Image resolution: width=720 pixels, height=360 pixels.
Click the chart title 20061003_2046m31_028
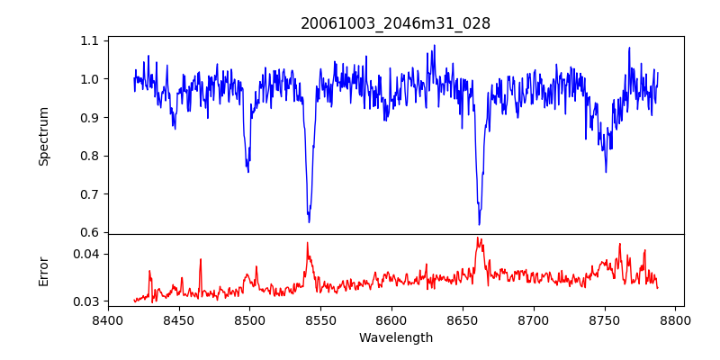(x=395, y=23)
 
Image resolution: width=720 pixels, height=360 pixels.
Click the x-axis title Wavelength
(x=395, y=337)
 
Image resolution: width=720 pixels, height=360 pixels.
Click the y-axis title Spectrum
(x=44, y=136)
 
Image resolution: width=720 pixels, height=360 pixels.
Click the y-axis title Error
(x=44, y=270)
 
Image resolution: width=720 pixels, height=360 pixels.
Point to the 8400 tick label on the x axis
(x=108, y=319)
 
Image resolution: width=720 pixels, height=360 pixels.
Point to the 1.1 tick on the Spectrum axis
(x=90, y=40)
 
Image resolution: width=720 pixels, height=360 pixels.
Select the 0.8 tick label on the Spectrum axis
(x=90, y=156)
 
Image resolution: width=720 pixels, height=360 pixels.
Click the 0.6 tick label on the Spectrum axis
(x=90, y=232)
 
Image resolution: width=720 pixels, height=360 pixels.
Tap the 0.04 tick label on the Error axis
(x=86, y=254)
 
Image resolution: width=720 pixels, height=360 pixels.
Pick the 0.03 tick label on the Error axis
(x=86, y=301)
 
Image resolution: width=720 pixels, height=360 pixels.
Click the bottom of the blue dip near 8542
(x=309, y=221)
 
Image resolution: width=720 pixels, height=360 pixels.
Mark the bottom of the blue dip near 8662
(x=479, y=224)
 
